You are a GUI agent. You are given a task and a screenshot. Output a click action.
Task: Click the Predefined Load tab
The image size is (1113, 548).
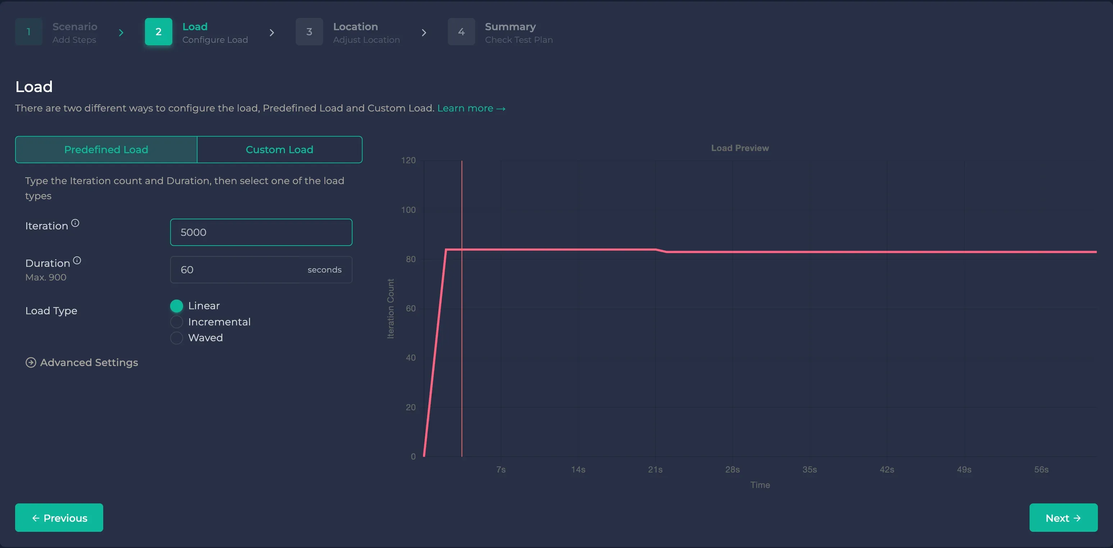point(106,150)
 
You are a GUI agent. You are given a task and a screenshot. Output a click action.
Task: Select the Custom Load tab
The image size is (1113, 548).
point(279,150)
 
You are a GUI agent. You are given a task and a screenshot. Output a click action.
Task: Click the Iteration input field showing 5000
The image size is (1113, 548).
point(261,232)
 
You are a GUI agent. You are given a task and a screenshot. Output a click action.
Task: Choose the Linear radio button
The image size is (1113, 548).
point(177,306)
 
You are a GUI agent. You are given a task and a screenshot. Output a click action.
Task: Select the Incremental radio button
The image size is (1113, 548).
point(177,322)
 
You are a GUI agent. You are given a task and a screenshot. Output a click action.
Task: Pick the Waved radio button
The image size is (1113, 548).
point(177,338)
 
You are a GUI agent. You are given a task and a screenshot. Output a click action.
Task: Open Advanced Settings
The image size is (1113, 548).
point(82,362)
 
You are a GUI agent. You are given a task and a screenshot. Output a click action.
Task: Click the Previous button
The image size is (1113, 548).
point(59,517)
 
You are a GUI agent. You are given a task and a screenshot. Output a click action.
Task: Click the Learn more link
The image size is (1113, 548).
point(471,108)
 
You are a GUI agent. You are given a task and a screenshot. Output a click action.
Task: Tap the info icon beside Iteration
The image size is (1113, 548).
point(75,223)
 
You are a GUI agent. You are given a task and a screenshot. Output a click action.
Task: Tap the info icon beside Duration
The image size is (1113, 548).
point(77,260)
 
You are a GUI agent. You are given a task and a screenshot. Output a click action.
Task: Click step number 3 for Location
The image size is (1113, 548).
point(309,32)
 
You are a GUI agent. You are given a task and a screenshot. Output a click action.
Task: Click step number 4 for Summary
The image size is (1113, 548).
point(461,32)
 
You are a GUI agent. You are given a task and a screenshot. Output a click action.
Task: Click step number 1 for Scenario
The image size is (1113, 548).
point(28,32)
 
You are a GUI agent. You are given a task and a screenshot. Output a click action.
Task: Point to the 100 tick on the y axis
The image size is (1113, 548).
point(408,210)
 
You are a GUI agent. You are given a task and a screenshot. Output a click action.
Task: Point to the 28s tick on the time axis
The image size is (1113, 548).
point(732,469)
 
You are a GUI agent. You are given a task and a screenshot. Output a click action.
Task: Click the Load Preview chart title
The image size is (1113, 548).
point(740,148)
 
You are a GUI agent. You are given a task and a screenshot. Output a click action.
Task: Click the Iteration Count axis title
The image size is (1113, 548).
point(391,308)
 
